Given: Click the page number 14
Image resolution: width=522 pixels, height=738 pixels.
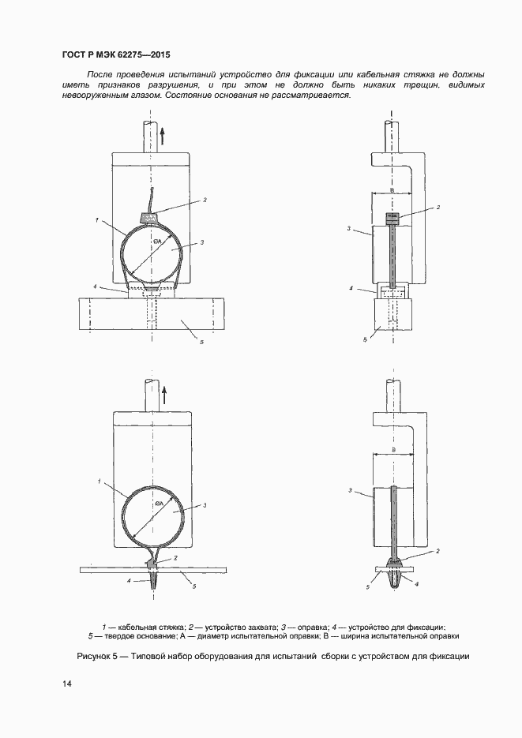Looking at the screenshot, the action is pyautogui.click(x=66, y=684).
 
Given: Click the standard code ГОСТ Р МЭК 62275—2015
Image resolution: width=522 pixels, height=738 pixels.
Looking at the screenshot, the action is pyautogui.click(x=116, y=54).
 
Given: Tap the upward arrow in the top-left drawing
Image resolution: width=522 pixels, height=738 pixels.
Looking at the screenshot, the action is pyautogui.click(x=161, y=136).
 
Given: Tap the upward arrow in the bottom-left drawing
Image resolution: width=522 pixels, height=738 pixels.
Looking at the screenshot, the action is pyautogui.click(x=163, y=395).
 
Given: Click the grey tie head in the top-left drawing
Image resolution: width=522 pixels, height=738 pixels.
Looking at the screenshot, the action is pyautogui.click(x=148, y=217).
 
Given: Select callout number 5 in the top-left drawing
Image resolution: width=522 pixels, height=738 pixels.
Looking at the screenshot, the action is pyautogui.click(x=201, y=343).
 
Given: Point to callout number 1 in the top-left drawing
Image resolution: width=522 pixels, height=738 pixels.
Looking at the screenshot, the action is pyautogui.click(x=96, y=219).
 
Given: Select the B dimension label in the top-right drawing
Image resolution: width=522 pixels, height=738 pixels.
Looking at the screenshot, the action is pyautogui.click(x=392, y=190).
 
